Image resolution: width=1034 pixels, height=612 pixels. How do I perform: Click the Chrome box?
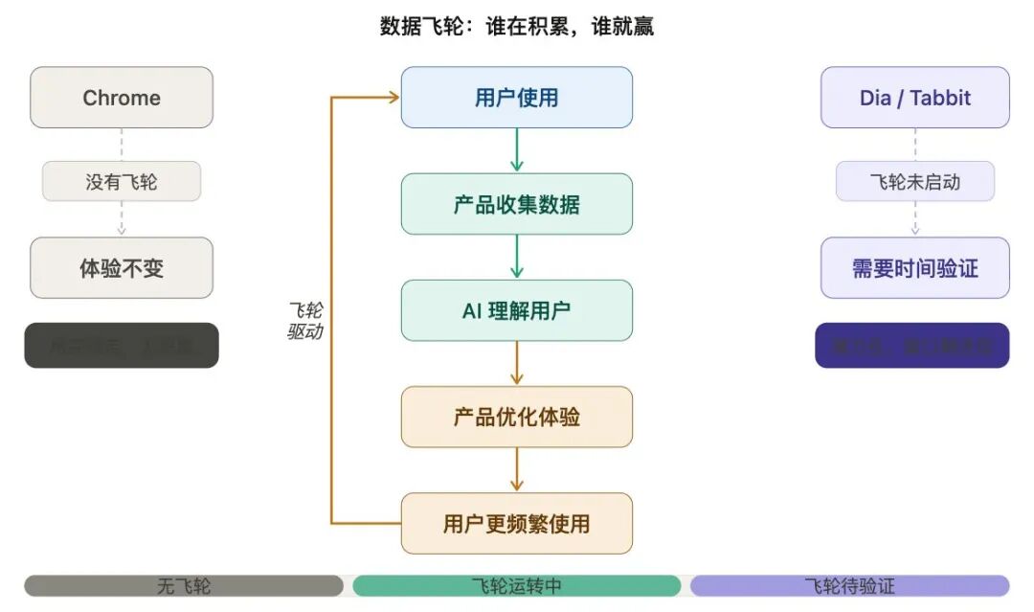tap(122, 98)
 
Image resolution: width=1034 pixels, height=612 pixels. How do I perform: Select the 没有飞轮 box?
tap(122, 181)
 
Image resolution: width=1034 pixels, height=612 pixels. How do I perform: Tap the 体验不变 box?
tap(122, 268)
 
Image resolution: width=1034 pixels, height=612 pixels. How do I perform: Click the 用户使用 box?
tap(516, 98)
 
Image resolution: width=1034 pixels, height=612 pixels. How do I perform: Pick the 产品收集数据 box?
tap(516, 204)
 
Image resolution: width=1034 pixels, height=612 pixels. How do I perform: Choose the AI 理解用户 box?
tap(516, 310)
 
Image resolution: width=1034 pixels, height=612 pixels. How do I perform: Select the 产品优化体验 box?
tap(516, 417)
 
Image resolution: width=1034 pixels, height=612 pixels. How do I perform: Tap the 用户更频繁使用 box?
tap(516, 523)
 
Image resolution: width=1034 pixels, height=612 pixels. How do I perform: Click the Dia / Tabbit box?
tap(914, 98)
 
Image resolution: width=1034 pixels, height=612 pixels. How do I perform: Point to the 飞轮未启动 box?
tap(914, 181)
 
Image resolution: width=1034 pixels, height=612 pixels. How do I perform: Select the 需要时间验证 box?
tap(914, 268)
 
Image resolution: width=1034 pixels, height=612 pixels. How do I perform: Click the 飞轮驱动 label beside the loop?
tap(305, 321)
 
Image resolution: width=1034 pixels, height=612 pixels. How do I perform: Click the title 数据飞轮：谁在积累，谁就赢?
tap(516, 27)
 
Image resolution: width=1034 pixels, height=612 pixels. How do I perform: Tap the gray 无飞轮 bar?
tap(184, 585)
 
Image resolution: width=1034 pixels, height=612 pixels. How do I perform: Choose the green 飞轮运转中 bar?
tap(516, 585)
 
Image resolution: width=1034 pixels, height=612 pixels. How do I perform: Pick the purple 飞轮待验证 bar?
tap(849, 585)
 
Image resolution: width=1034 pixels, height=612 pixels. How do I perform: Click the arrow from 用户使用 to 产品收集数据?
tap(517, 150)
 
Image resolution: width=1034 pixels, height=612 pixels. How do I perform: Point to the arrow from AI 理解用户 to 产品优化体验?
tap(517, 363)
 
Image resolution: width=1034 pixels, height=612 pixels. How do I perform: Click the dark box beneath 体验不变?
tap(122, 346)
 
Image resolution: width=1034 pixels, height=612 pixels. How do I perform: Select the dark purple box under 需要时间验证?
tap(911, 346)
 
